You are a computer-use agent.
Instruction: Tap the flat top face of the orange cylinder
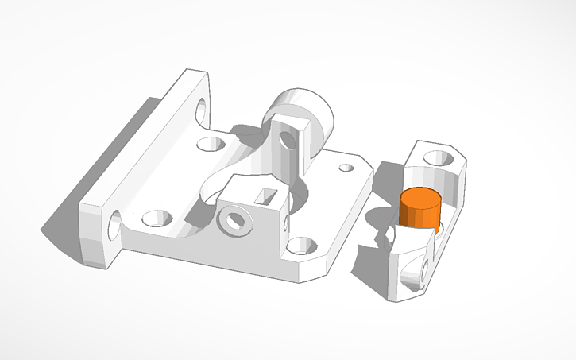point(420,197)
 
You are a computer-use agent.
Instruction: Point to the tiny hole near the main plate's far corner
point(346,168)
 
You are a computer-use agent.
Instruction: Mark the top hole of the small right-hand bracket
point(437,157)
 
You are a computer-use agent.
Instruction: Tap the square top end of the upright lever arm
point(291,124)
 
